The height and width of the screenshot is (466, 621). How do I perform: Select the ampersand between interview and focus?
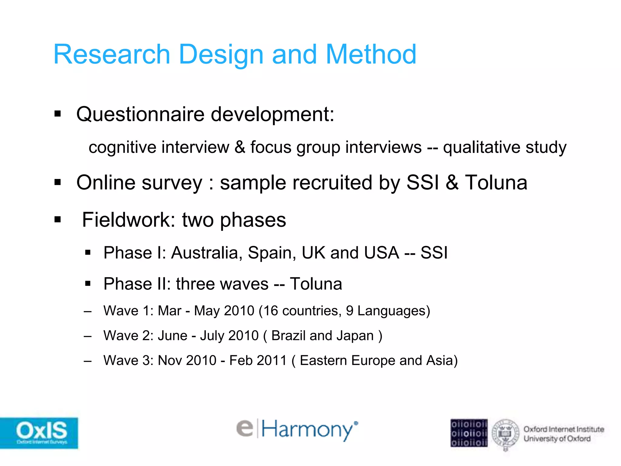240,147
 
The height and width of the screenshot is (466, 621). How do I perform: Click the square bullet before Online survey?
58,182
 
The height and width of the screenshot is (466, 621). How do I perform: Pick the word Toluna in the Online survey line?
496,183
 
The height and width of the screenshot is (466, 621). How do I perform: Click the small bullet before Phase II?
88,284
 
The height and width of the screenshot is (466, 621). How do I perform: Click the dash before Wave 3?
88,361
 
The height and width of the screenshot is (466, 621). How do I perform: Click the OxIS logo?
39,433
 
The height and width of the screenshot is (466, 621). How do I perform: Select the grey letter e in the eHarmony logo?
245,428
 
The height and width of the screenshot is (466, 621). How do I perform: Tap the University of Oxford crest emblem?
505,434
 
